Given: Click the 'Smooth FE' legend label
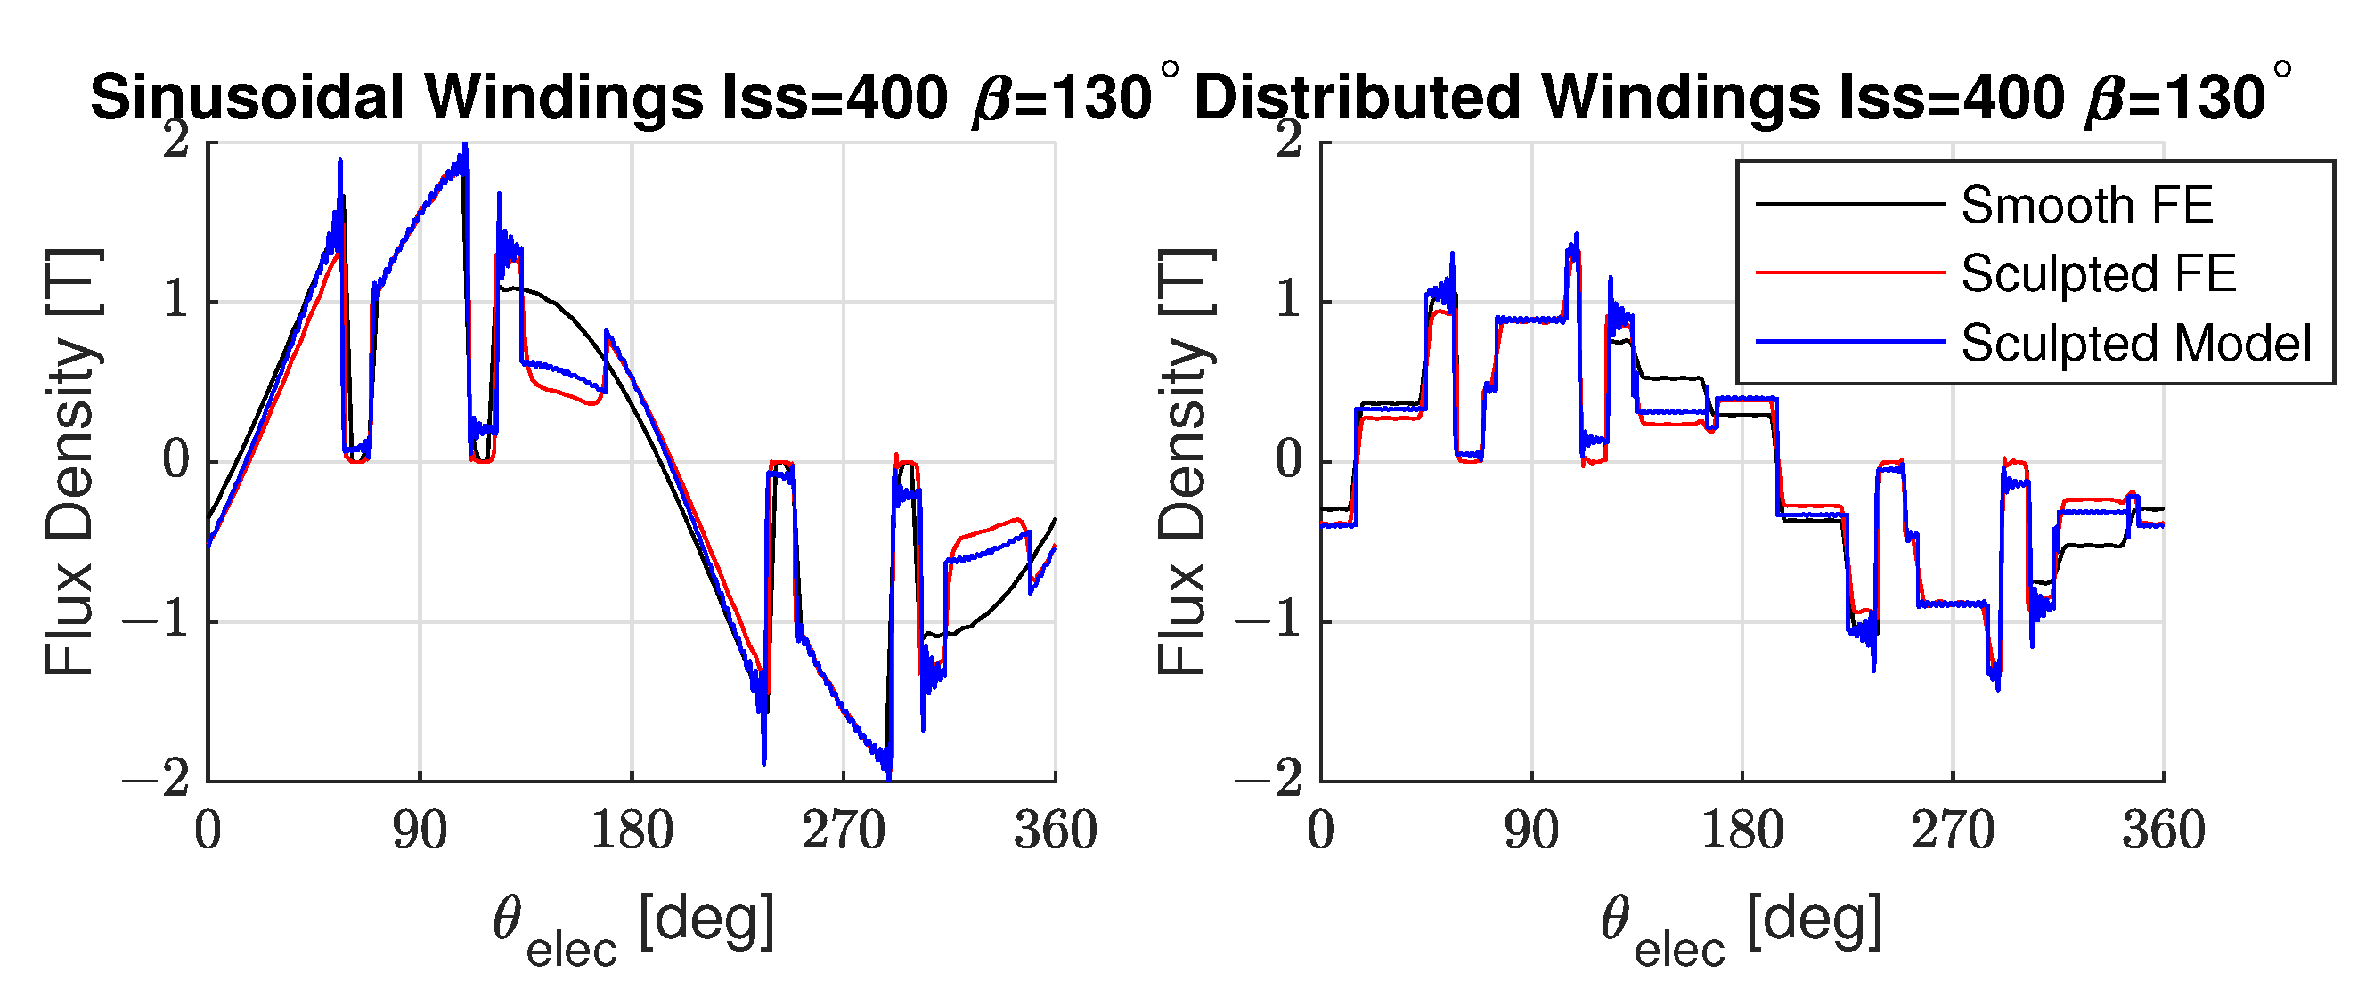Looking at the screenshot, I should pos(2086,205).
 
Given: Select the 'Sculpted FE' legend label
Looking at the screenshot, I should pos(2099,273).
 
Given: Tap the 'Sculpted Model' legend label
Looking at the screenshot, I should pos(2136,343).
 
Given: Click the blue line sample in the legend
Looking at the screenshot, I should pos(1850,342).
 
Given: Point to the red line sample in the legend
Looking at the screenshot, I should pos(1850,272).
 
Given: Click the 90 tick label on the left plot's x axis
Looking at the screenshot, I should pos(420,831).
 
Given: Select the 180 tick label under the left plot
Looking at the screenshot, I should pos(632,831).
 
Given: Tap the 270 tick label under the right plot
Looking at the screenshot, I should pos(1953,831).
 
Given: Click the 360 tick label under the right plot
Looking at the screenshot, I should pos(2164,831).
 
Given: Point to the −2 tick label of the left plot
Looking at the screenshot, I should pos(157,779).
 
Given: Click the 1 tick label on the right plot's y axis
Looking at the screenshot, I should pos(1289,301).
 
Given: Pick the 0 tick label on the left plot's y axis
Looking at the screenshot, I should pos(176,460).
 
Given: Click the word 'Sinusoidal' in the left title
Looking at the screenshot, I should pos(248,98).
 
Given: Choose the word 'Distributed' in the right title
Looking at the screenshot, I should pos(1358,98).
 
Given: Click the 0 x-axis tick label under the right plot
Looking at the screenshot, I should pos(1321,831).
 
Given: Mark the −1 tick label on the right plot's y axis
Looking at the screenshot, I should pos(1269,620).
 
